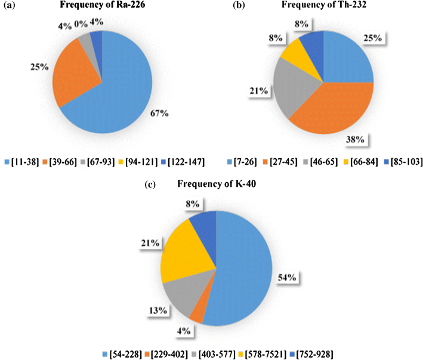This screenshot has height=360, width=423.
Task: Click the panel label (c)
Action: pos(150,183)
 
